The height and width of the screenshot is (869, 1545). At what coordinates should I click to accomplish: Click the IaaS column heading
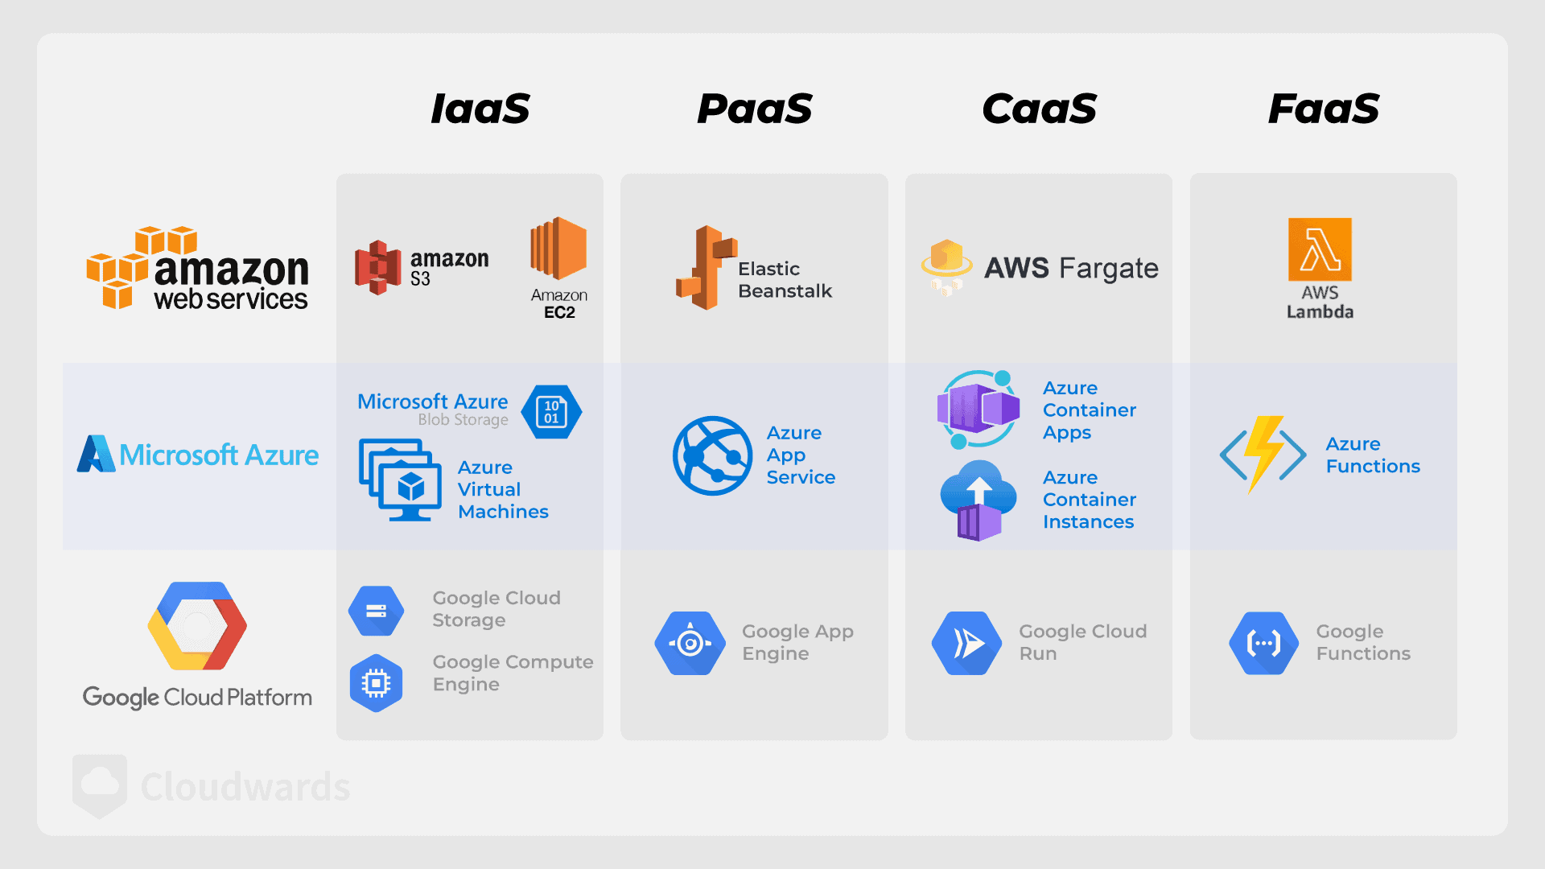pyautogui.click(x=480, y=109)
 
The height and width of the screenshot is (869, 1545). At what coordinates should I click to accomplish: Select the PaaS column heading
pyautogui.click(x=755, y=109)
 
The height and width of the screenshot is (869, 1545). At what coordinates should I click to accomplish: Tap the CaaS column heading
pyautogui.click(x=1040, y=109)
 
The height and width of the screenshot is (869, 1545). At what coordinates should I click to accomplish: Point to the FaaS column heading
pyautogui.click(x=1324, y=109)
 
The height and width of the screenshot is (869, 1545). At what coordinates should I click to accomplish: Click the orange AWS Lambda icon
pyautogui.click(x=1320, y=249)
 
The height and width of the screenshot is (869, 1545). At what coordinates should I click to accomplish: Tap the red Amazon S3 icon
pyautogui.click(x=378, y=267)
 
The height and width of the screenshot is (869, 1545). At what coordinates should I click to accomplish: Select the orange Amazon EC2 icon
pyautogui.click(x=558, y=248)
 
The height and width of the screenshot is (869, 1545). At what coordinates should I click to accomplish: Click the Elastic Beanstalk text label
pyautogui.click(x=785, y=280)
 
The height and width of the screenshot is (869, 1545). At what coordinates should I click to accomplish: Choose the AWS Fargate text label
pyautogui.click(x=1072, y=268)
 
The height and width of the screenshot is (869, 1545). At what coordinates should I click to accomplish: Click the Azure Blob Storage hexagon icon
pyautogui.click(x=551, y=412)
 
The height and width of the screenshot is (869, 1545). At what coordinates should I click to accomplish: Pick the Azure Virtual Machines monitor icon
pyautogui.click(x=401, y=480)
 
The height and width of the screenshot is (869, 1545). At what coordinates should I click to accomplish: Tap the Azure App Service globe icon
pyautogui.click(x=712, y=455)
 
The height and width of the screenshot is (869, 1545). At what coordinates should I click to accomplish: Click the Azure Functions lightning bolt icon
pyautogui.click(x=1263, y=455)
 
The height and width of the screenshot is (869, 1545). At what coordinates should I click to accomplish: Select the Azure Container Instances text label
pyautogui.click(x=1090, y=500)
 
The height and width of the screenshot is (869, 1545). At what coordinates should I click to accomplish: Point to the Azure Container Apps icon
pyautogui.click(x=978, y=410)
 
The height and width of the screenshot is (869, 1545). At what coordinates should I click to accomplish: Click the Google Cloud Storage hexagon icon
pyautogui.click(x=376, y=611)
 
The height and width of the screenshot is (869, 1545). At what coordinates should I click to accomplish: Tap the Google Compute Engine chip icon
pyautogui.click(x=376, y=683)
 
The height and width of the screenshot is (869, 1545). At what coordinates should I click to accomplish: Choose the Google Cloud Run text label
pyautogui.click(x=1083, y=642)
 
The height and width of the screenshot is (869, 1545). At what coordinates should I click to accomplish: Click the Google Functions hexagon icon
pyautogui.click(x=1263, y=643)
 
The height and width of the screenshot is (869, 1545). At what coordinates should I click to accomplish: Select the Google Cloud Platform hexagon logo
pyautogui.click(x=197, y=626)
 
